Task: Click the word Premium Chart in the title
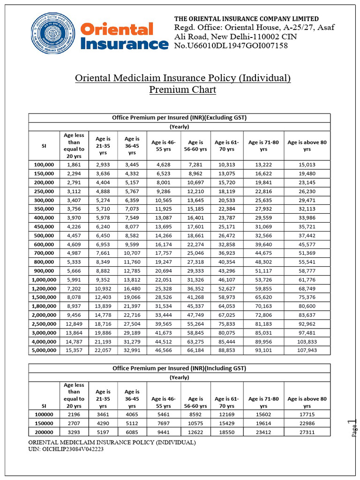(183, 90)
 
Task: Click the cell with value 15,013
(307, 165)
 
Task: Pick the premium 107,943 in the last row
(307, 350)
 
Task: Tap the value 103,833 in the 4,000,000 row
(307, 342)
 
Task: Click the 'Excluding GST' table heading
(180, 118)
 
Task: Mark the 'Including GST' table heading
(180, 368)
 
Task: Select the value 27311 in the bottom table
(307, 432)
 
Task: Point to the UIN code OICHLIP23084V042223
(66, 450)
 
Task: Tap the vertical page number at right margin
(354, 427)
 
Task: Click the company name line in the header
(247, 19)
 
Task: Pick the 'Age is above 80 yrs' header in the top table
(307, 145)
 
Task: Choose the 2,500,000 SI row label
(45, 323)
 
